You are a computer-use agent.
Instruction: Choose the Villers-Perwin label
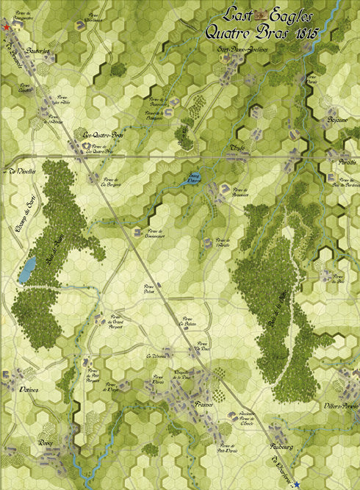click(340, 406)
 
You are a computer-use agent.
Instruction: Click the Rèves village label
click(46, 444)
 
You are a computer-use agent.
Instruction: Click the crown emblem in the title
click(258, 15)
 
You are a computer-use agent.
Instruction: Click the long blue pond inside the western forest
click(27, 270)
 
